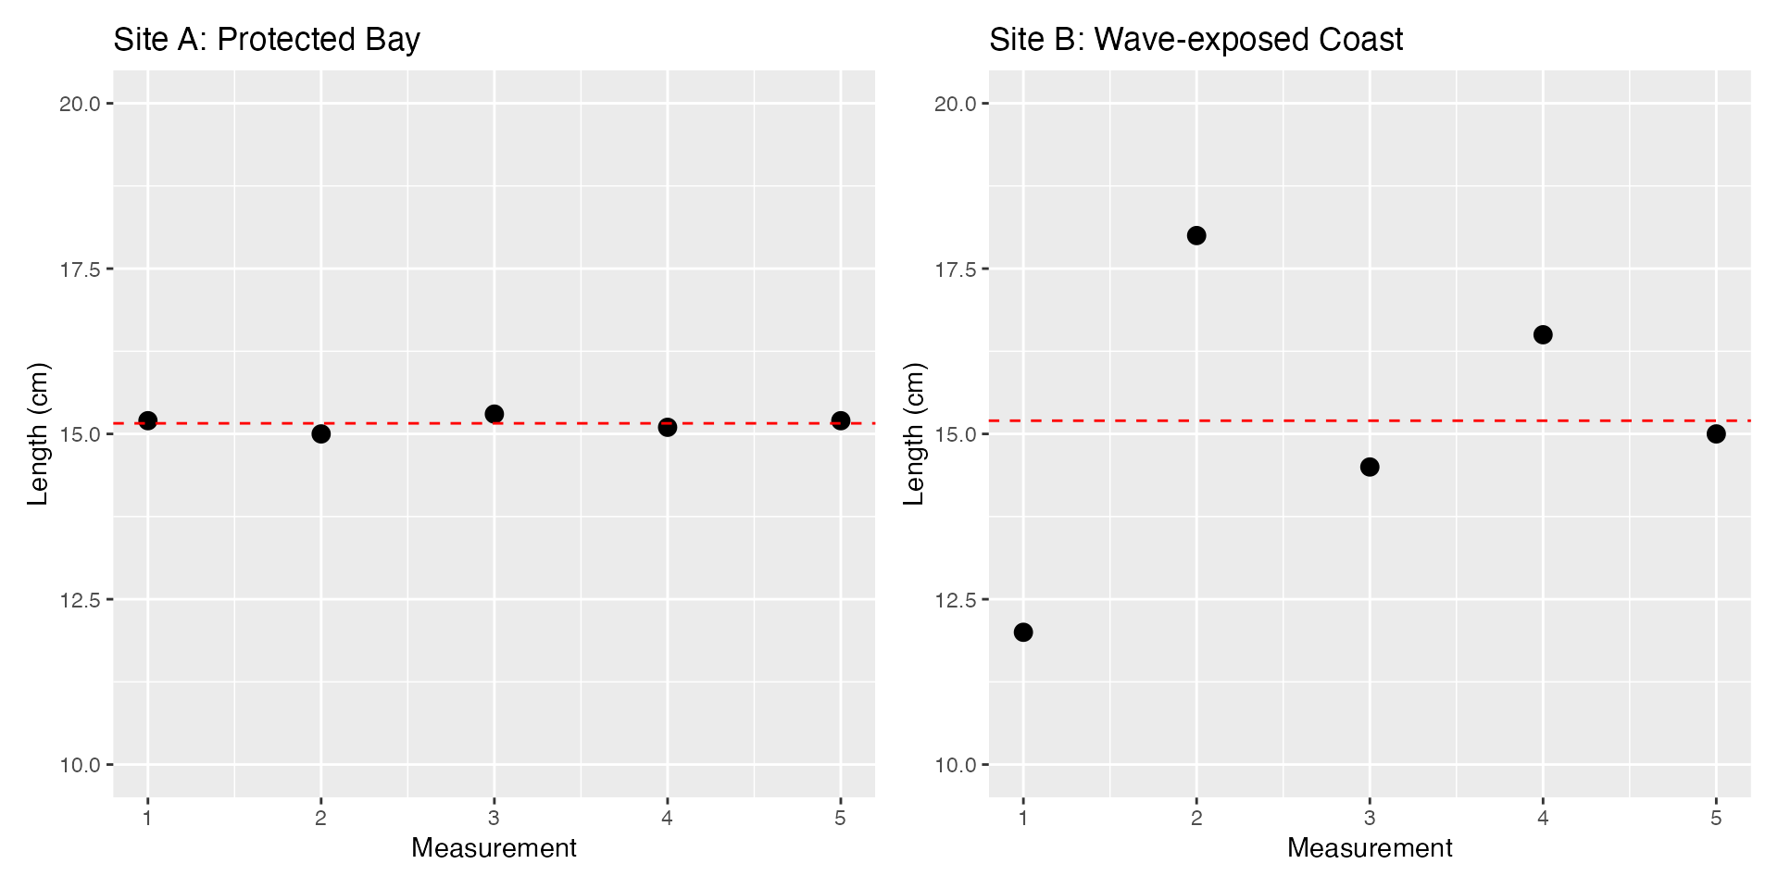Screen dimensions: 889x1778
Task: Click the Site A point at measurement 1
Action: click(x=147, y=420)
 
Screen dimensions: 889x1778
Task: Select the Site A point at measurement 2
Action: click(x=320, y=433)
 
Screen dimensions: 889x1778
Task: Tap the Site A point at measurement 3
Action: click(x=494, y=414)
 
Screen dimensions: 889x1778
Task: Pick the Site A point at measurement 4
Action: click(x=667, y=427)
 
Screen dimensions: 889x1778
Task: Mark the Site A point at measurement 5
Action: click(x=840, y=420)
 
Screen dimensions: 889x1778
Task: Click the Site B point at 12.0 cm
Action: click(x=1023, y=632)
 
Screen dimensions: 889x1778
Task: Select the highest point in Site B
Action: click(x=1196, y=235)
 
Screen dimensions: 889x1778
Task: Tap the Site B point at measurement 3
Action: click(x=1370, y=467)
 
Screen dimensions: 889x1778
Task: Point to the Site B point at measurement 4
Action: click(x=1543, y=334)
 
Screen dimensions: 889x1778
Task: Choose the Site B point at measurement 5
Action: click(x=1716, y=433)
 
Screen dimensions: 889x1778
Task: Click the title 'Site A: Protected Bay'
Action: click(x=267, y=40)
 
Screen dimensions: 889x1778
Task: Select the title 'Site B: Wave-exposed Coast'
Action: click(x=1196, y=40)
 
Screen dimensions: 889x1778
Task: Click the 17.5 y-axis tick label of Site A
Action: click(x=80, y=269)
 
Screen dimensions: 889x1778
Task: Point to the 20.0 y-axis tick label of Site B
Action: click(x=956, y=104)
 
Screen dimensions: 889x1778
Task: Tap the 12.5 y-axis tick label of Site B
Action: click(x=956, y=600)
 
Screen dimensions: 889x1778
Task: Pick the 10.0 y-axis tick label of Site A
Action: click(x=80, y=765)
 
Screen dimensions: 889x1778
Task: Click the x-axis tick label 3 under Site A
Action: click(x=494, y=819)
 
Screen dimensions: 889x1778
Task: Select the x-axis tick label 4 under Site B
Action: click(x=1543, y=819)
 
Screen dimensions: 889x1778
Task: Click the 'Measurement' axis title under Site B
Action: click(x=1370, y=848)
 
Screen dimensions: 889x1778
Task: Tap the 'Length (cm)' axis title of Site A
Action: click(x=37, y=433)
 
